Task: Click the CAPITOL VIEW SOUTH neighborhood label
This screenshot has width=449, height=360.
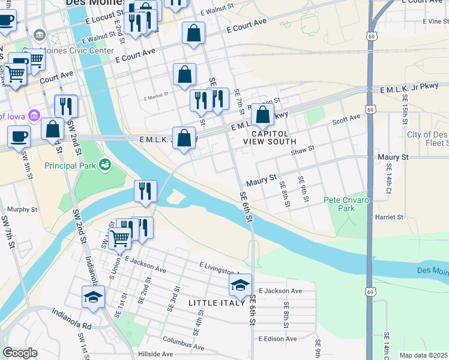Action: point(270,137)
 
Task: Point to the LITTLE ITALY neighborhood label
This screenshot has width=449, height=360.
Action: point(217,303)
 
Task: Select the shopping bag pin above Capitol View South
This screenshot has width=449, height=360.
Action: point(262,115)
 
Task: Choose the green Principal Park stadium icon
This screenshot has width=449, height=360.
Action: point(106,163)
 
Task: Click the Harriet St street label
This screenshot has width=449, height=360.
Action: point(388,217)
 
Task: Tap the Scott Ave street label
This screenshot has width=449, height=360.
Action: point(346,120)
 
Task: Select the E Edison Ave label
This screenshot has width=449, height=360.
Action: point(277,338)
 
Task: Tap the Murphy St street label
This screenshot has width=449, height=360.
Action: point(22,210)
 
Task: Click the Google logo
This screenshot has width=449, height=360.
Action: point(20,353)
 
